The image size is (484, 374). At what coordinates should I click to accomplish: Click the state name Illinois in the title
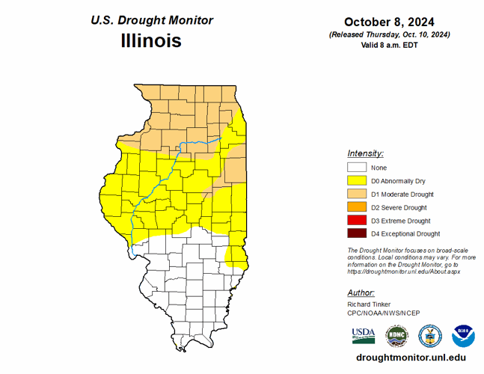[151, 40]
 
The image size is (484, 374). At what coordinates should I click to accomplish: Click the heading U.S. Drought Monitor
[151, 20]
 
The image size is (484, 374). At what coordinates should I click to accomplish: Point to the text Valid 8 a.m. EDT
[389, 45]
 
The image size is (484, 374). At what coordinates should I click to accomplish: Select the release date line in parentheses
[389, 34]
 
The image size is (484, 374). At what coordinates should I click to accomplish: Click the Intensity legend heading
[365, 153]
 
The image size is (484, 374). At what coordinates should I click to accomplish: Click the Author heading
[361, 292]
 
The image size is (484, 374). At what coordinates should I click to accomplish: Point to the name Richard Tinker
[367, 305]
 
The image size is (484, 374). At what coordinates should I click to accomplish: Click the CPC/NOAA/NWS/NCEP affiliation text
[383, 314]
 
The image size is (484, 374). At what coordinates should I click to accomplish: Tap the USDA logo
[364, 334]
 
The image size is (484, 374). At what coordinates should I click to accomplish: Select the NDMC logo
[396, 335]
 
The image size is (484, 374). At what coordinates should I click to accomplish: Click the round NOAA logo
[463, 335]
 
